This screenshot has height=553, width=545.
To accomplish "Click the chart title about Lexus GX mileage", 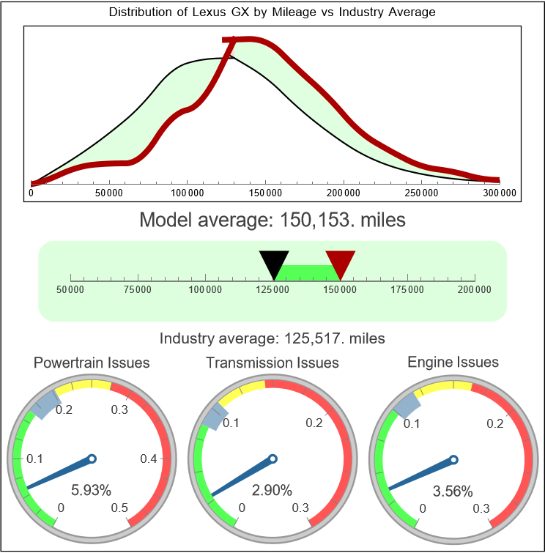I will coord(272,12).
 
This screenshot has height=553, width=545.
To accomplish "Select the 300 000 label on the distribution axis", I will coord(500,193).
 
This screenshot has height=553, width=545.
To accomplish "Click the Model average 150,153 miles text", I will coord(272,220).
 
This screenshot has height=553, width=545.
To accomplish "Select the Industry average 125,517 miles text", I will coord(272,338).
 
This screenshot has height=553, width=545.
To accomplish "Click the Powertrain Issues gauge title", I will coord(92,363).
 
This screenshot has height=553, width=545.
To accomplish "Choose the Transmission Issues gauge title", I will coord(272,363).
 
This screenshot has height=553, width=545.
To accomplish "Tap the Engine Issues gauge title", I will coord(453,362).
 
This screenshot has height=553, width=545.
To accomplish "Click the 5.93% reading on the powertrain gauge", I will coord(91,489).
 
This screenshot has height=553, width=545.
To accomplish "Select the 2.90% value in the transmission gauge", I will coord(272,489).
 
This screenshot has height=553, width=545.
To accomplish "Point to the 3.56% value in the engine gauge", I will coord(452,491).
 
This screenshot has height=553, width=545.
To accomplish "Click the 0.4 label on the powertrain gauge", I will coord(149,459).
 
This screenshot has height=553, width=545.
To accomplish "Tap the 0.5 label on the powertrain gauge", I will coord(120,508).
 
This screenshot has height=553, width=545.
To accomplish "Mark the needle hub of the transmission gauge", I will coord(272,459).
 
